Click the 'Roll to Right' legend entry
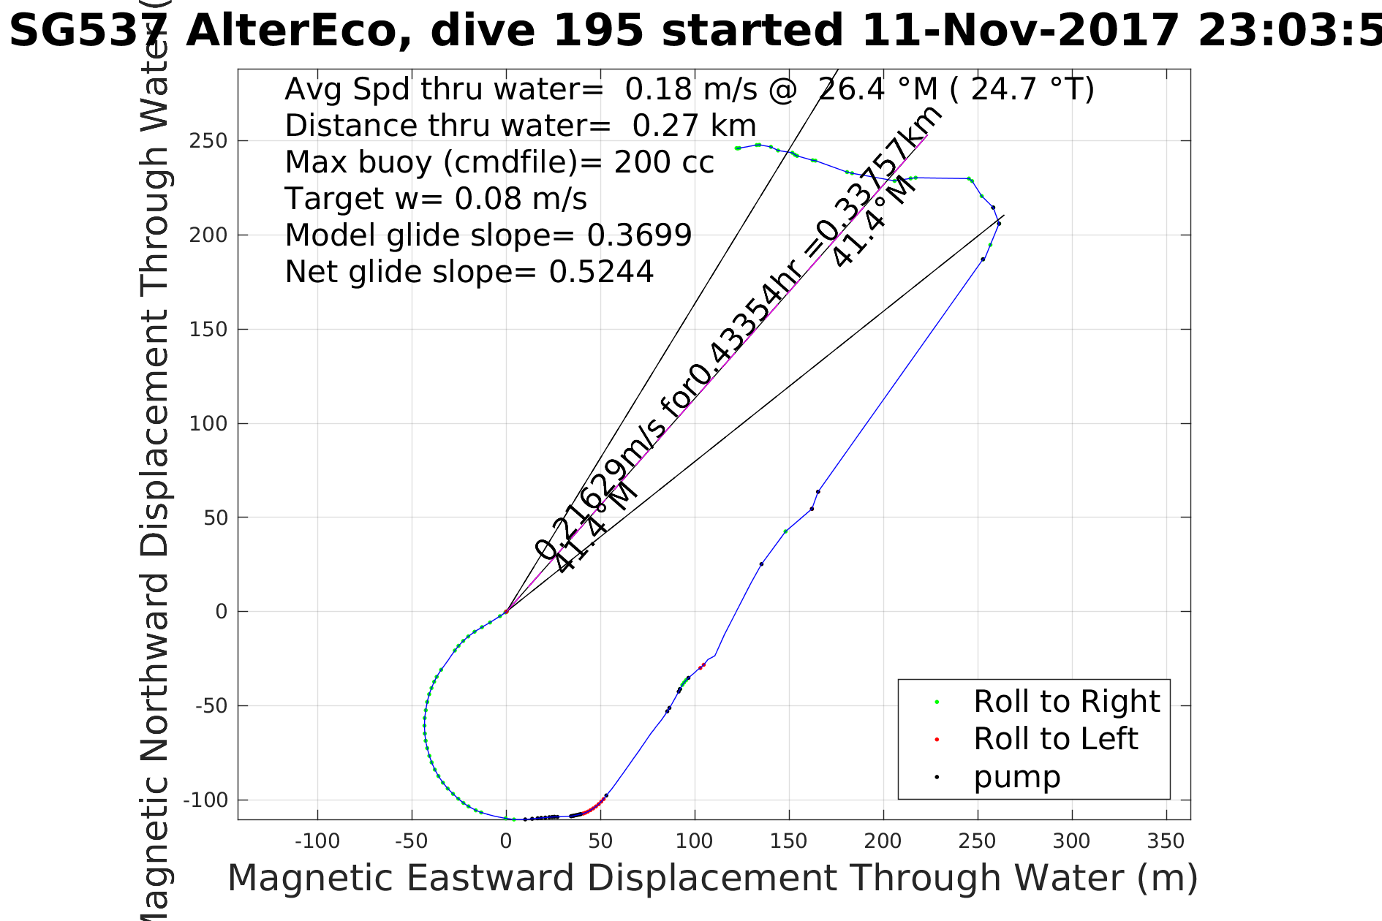click(x=1066, y=702)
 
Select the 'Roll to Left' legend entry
click(x=1055, y=739)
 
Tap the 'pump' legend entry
click(x=1016, y=777)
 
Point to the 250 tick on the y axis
click(x=208, y=141)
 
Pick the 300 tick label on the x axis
click(x=1072, y=841)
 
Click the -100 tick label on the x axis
click(x=317, y=841)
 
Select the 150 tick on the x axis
click(x=789, y=841)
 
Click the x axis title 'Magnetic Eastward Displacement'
click(x=712, y=878)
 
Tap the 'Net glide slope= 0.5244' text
click(x=469, y=272)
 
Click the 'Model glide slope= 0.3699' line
click(x=488, y=235)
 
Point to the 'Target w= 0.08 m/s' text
click(x=436, y=199)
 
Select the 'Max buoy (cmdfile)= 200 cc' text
click(x=499, y=162)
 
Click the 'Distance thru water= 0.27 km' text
click(x=520, y=126)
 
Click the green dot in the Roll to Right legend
click(x=937, y=702)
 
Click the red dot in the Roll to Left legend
click(x=937, y=740)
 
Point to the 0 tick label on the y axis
click(x=221, y=612)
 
